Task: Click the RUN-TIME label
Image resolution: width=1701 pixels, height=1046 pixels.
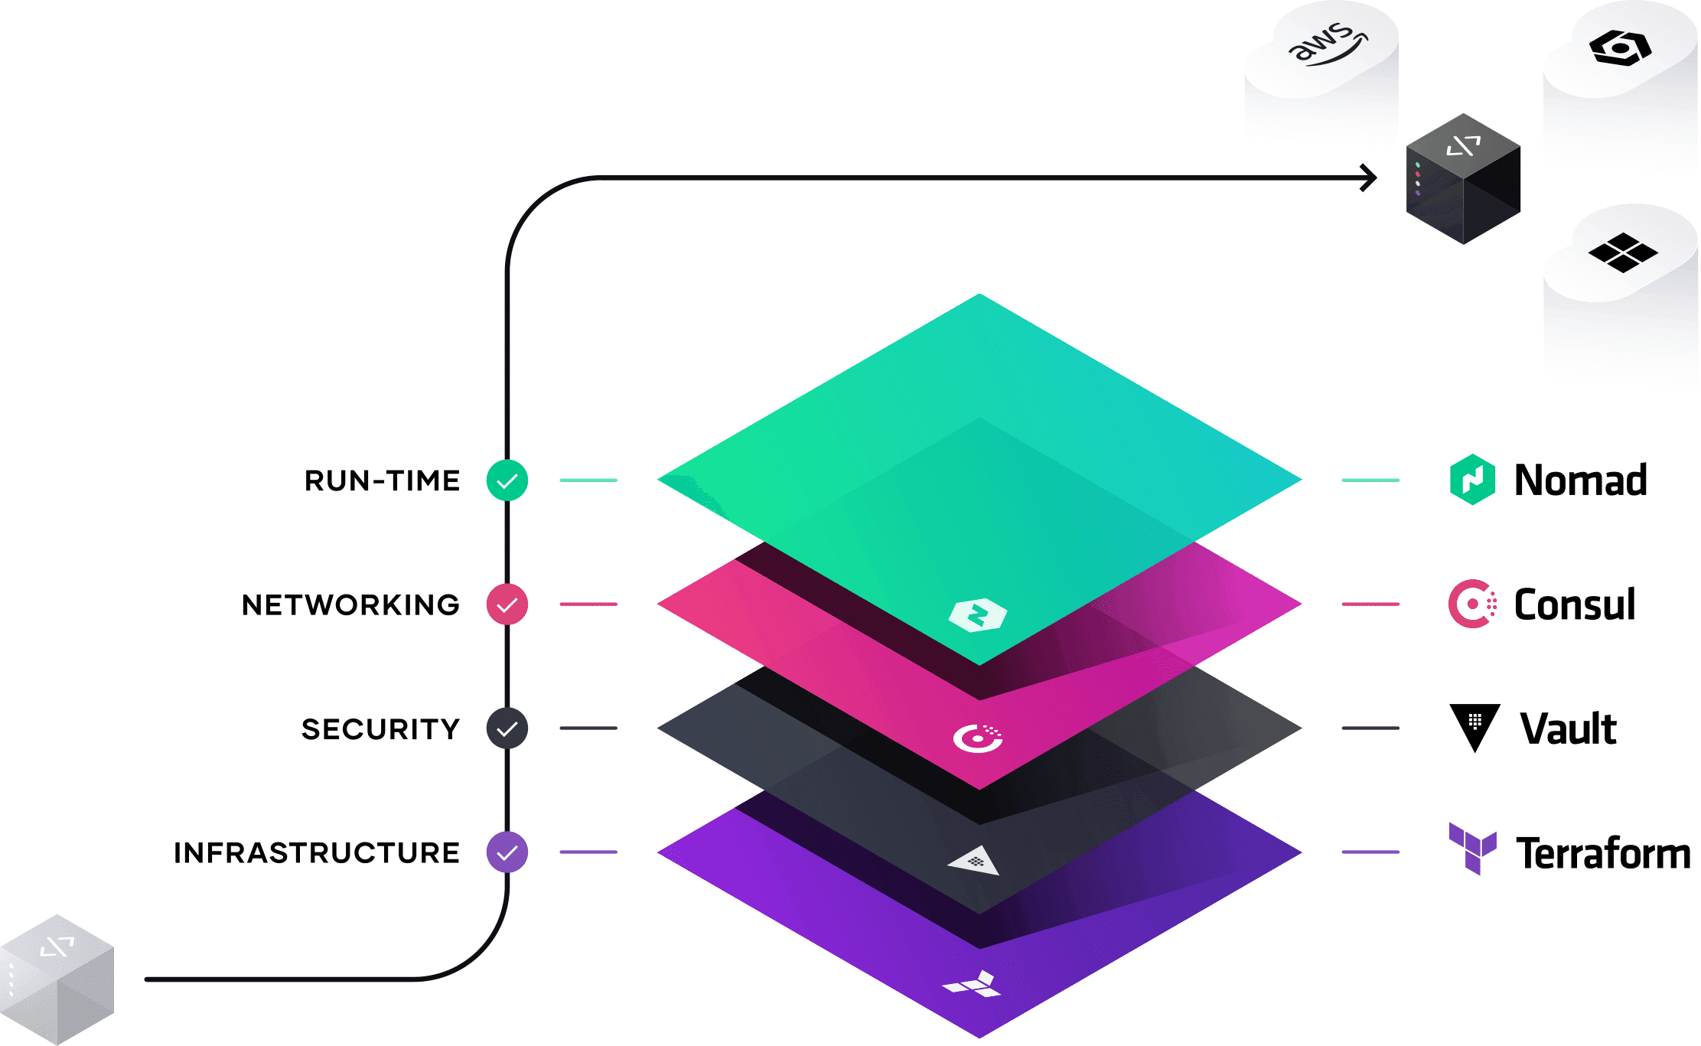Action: tap(382, 481)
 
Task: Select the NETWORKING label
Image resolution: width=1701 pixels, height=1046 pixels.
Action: tap(350, 604)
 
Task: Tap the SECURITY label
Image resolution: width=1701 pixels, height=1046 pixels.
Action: tap(380, 728)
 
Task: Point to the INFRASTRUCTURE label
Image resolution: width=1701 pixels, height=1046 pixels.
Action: tap(317, 852)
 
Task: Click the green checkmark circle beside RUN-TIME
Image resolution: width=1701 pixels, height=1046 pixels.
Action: tap(507, 481)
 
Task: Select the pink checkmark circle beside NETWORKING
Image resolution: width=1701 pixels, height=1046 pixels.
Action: tap(507, 604)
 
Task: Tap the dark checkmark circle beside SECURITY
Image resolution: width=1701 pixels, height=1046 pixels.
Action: tap(507, 728)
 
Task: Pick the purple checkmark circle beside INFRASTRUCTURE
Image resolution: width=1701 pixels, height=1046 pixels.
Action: tap(507, 852)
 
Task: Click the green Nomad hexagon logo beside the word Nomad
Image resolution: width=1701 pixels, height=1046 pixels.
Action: tap(1472, 480)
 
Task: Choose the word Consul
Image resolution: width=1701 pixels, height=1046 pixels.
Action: tap(1575, 604)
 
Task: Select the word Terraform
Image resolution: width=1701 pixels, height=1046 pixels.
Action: tap(1603, 853)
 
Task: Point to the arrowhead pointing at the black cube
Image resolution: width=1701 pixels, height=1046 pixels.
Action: tap(1369, 178)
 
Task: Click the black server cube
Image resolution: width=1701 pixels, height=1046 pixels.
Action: tap(1463, 180)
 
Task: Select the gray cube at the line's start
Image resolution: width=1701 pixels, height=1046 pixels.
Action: tap(57, 979)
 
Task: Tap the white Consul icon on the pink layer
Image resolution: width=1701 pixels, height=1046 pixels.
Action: tap(978, 738)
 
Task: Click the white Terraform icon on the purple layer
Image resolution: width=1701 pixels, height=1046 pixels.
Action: tap(973, 985)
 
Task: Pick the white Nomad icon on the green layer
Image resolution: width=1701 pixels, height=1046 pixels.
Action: tap(978, 614)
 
